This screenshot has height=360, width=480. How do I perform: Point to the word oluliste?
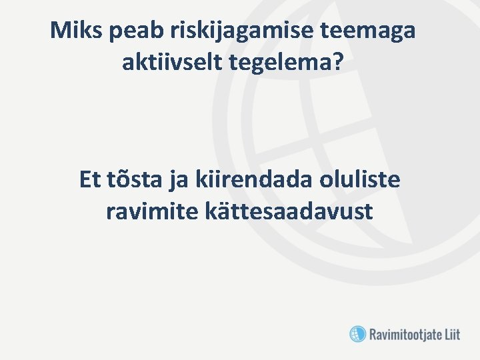tap(361, 180)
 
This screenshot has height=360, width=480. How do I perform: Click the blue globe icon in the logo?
tap(358, 333)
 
